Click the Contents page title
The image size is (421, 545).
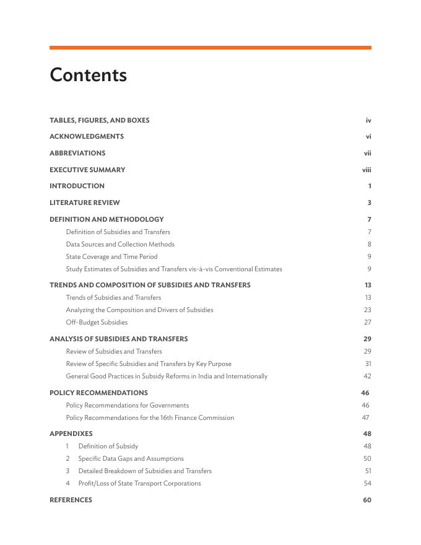pos(88,75)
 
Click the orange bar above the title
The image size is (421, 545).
pos(210,47)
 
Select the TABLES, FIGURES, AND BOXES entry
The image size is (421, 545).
pos(99,120)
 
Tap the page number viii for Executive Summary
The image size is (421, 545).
pos(367,170)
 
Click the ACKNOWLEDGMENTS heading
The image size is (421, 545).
pos(87,136)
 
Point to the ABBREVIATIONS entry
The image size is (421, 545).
pos(77,153)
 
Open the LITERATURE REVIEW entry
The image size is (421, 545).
pos(85,203)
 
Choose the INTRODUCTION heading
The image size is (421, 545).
pos(77,186)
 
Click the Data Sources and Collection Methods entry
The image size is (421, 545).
pos(120,244)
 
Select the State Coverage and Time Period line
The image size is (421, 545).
pos(111,256)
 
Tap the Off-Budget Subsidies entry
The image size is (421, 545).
pos(97,322)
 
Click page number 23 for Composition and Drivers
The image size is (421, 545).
pos(367,310)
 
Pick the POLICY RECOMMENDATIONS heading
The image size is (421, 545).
pos(98,393)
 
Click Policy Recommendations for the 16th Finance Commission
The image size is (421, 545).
pos(150,417)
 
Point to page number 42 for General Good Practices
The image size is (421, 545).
pos(367,376)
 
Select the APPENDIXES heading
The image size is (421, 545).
pos(71,434)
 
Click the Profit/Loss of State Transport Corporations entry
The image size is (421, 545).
pos(139,483)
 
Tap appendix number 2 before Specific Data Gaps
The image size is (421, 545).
pos(68,458)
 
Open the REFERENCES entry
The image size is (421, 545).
pos(71,500)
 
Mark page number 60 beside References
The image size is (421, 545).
pos(367,500)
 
